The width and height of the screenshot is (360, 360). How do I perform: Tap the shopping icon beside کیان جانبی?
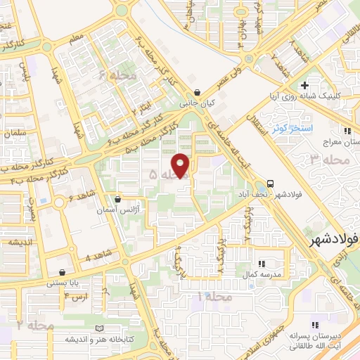[198, 91]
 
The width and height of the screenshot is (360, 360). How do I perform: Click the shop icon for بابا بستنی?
[63, 272]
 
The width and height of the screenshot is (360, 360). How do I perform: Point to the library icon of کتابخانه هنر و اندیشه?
[98, 328]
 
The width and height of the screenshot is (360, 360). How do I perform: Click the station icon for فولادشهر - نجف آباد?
[271, 181]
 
